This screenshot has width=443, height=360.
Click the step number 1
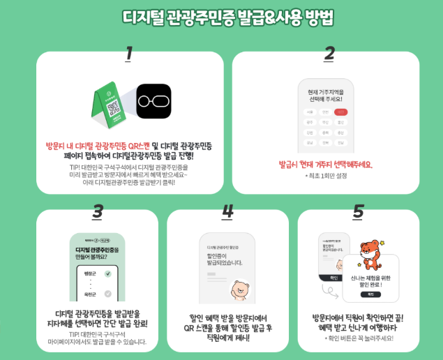tap(128, 53)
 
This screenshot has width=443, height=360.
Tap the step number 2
tap(330, 53)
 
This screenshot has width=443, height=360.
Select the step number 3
tap(98, 210)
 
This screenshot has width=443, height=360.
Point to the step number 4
tap(227, 210)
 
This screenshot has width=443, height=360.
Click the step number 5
tap(358, 210)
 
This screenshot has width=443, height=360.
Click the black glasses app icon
tap(153, 100)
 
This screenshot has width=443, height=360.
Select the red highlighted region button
tap(340, 112)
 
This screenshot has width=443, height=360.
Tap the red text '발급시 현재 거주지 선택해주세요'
tap(326, 165)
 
